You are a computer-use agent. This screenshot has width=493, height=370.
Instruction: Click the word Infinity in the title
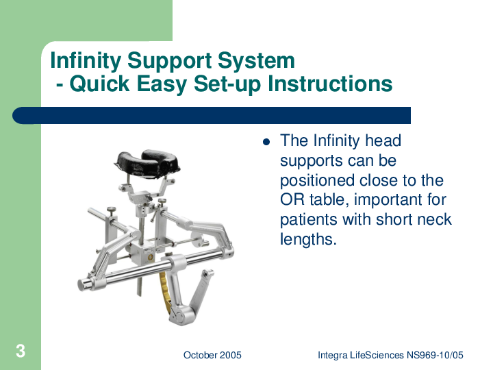[x=86, y=60]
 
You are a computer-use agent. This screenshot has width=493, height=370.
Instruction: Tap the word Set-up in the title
[x=227, y=84]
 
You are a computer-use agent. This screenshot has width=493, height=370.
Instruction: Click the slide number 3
[x=21, y=351]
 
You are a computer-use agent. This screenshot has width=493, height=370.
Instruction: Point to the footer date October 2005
[x=212, y=355]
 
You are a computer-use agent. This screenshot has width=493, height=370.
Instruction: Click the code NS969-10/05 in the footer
[x=435, y=355]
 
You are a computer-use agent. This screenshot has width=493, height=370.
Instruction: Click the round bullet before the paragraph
[x=266, y=142]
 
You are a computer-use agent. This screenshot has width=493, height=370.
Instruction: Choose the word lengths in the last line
[x=308, y=240]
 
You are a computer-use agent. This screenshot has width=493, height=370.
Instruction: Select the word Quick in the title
[x=99, y=84]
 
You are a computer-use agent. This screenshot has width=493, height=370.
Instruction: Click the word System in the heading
[x=256, y=61]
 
